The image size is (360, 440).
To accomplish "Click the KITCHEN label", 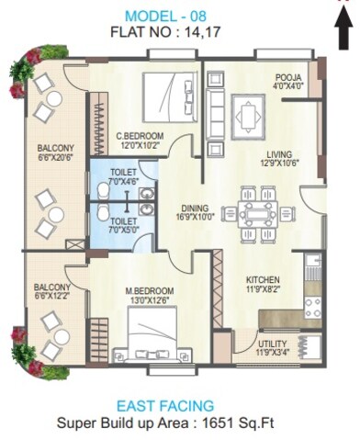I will (x=263, y=279).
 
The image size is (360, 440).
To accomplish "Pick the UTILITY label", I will (x=274, y=344).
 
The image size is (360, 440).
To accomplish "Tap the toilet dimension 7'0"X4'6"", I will (x=123, y=181).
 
